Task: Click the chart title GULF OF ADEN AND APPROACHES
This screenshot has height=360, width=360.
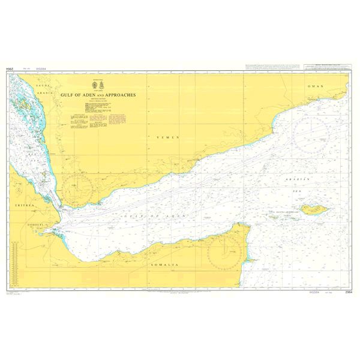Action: pos(99,95)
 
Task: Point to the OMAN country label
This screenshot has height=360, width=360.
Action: pos(316,86)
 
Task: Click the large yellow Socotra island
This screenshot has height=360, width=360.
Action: pos(314,209)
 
